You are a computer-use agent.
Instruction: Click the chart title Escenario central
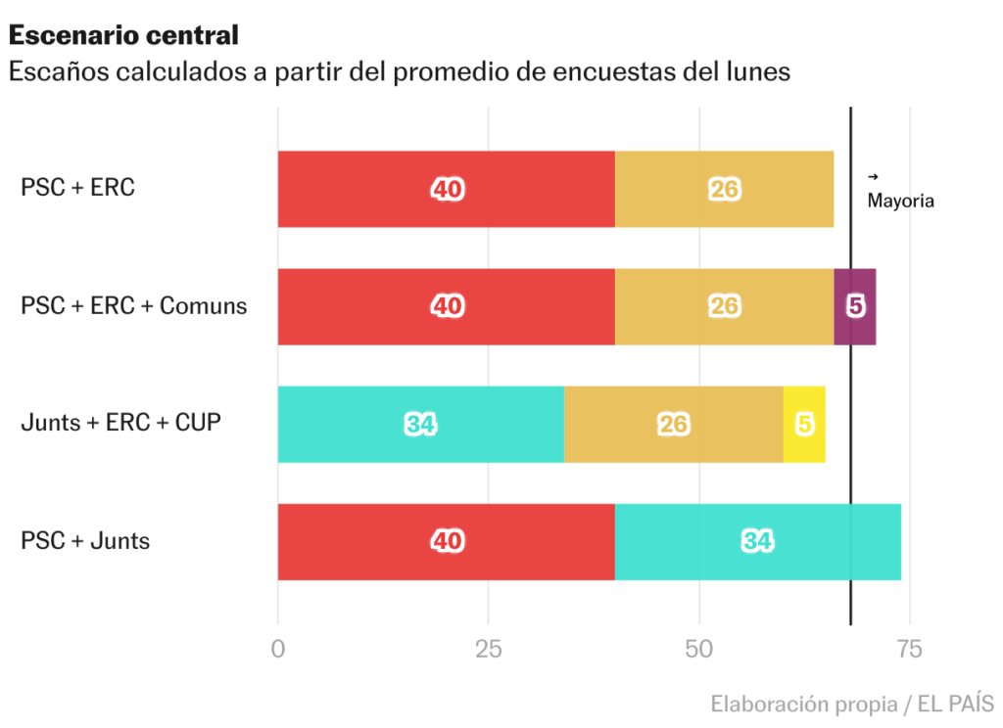point(123,35)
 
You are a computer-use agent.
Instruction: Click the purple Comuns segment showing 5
point(855,306)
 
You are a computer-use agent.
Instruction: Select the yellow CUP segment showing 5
point(804,424)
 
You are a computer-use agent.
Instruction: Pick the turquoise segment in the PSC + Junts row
point(757,541)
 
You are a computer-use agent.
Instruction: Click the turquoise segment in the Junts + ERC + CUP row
point(420,424)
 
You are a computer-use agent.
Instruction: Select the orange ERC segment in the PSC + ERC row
point(724,189)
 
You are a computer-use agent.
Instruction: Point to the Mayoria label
point(900,201)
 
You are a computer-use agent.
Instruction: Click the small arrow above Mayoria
point(873,177)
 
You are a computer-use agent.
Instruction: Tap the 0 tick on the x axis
point(278,649)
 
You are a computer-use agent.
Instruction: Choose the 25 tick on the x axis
point(488,649)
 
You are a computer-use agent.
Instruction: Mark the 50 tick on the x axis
point(699,649)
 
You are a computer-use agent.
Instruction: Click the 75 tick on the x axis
point(910,649)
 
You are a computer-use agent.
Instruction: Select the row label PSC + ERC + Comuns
point(133,305)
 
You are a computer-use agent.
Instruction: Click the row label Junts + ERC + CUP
point(120,423)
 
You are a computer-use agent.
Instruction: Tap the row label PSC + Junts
point(85,540)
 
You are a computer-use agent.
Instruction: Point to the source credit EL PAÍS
point(959,704)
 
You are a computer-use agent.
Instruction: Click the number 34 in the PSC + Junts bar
point(757,541)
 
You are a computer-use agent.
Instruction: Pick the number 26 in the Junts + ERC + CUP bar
point(674,424)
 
